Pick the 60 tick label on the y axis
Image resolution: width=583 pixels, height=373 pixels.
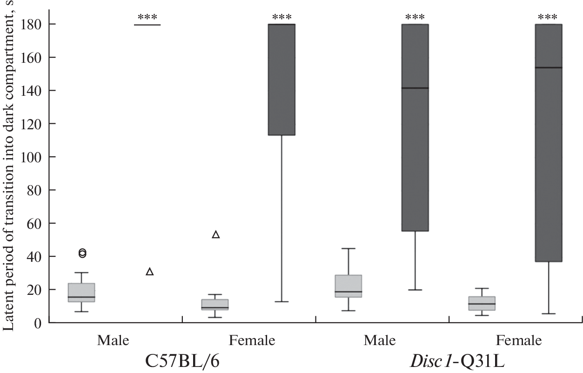coord(36,223)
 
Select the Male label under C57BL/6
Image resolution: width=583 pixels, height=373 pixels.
coord(113,341)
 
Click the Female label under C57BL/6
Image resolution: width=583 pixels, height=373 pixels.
coord(252,341)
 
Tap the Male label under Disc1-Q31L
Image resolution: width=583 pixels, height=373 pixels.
coord(380,341)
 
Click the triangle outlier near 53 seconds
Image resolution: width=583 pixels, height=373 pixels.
coord(216,235)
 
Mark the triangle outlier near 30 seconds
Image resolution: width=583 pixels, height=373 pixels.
coord(149,272)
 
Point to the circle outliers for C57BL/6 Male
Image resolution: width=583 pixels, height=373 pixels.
coord(82,253)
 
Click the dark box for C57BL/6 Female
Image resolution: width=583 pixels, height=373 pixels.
coord(282,79)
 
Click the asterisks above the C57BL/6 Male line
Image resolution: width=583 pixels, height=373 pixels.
coord(147,18)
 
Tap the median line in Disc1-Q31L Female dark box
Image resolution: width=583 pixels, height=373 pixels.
coord(549,68)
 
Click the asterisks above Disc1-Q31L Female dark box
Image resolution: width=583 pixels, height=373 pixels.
coord(548,18)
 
